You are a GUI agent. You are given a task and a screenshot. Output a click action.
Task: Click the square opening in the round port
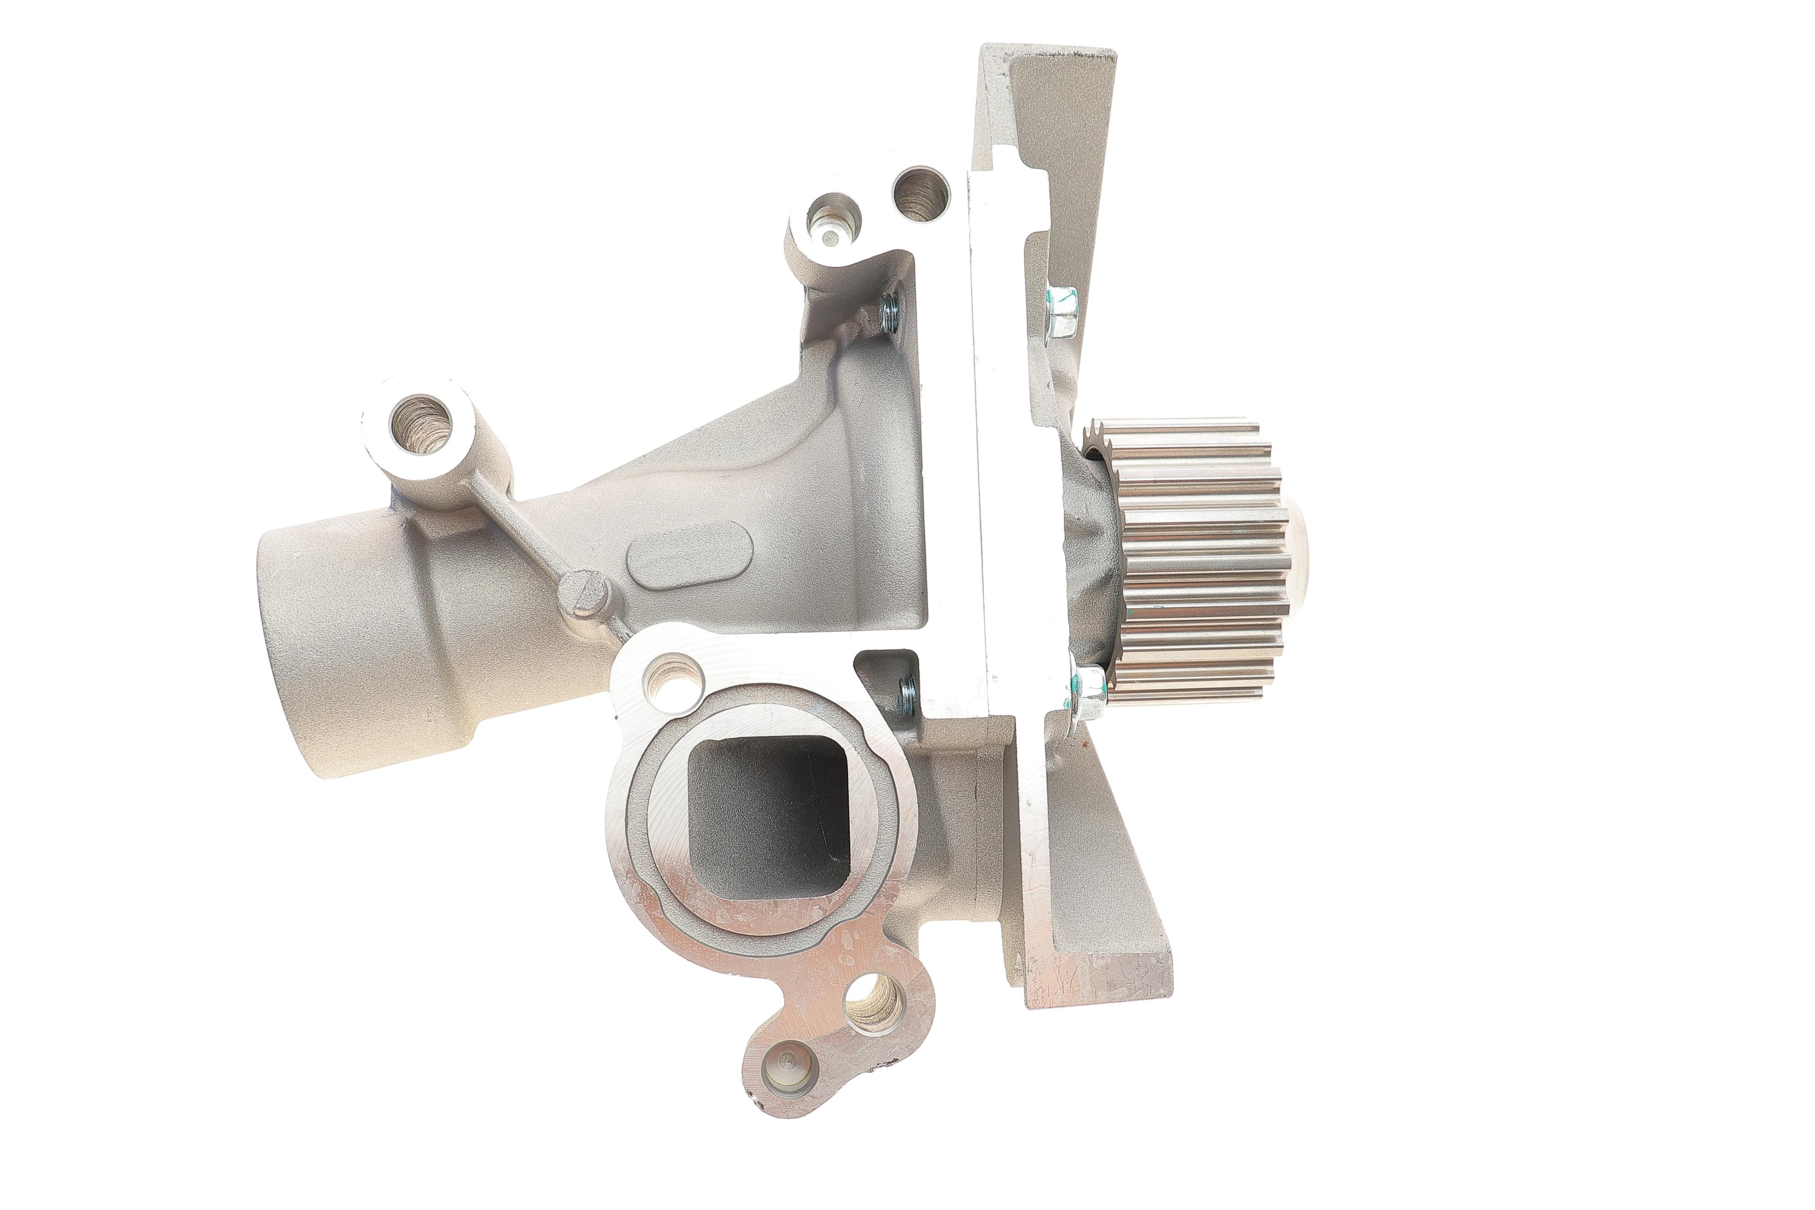tap(768, 818)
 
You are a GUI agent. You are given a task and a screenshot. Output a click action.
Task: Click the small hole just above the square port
tap(672, 680)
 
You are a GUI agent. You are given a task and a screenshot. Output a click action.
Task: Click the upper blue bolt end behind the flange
tap(889, 316)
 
